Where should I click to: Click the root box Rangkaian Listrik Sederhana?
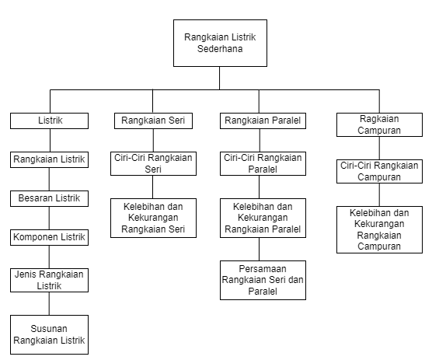pyautogui.click(x=220, y=43)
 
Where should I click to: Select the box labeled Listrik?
pyautogui.click(x=49, y=121)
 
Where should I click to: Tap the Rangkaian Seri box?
pyautogui.click(x=153, y=121)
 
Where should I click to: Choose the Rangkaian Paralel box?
pyautogui.click(x=263, y=121)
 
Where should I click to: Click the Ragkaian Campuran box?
pyautogui.click(x=379, y=124)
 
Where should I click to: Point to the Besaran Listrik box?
pyautogui.click(x=49, y=198)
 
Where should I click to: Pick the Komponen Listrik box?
pyautogui.click(x=49, y=238)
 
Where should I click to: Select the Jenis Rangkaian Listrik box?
pyautogui.click(x=49, y=280)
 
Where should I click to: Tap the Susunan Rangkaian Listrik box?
pyautogui.click(x=49, y=335)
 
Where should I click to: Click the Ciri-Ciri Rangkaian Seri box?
pyautogui.click(x=153, y=163)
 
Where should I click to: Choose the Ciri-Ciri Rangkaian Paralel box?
pyautogui.click(x=263, y=163)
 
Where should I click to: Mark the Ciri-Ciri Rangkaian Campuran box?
pyautogui.click(x=379, y=172)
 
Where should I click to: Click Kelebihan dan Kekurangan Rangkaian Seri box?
pyautogui.click(x=153, y=218)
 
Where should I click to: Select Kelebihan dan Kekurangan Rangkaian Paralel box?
pyautogui.click(x=263, y=218)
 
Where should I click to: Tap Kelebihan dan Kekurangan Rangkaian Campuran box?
pyautogui.click(x=379, y=229)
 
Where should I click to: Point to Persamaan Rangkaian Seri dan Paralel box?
pyautogui.click(x=263, y=280)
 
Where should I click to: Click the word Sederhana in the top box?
pyautogui.click(x=220, y=49)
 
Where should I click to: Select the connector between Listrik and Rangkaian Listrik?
pyautogui.click(x=50, y=141)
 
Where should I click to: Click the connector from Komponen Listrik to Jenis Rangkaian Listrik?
pyautogui.click(x=49, y=257)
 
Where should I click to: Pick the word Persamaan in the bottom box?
pyautogui.click(x=263, y=269)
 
